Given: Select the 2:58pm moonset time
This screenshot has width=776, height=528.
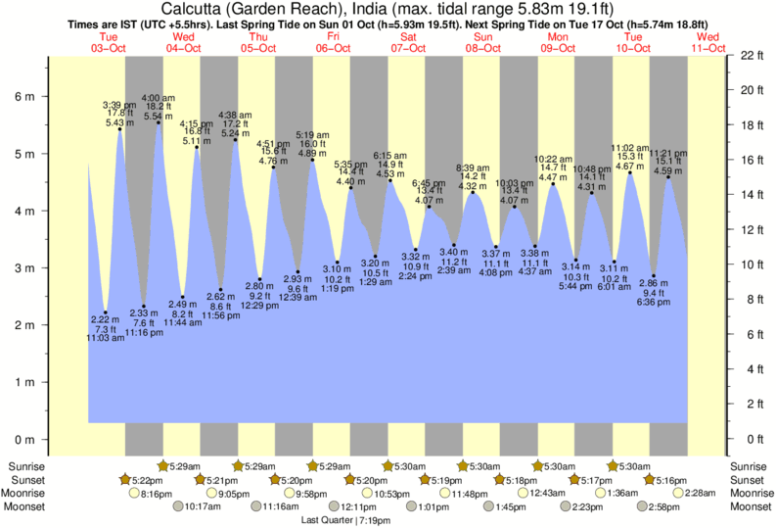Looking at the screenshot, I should pos(664,507).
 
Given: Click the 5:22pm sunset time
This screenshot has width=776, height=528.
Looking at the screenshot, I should pos(141,480).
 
